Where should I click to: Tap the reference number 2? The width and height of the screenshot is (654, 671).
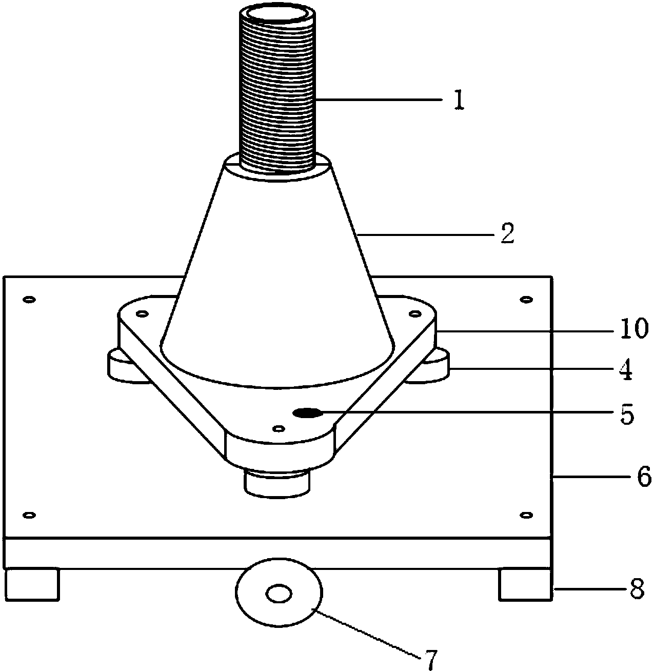pos(507,233)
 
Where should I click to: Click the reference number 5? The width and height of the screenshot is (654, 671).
pos(627,415)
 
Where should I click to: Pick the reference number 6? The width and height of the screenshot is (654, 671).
pos(644,477)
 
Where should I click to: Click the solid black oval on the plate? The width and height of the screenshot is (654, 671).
pos(307,413)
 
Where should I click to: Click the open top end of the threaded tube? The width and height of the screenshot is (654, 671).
pos(278,15)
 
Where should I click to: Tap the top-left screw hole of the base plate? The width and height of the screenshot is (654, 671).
pos(29,300)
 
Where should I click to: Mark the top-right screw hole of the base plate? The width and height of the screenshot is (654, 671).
pos(526,300)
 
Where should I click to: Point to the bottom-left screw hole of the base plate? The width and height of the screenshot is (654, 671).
pos(29,515)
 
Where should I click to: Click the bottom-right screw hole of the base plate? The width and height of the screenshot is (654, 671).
pos(526,515)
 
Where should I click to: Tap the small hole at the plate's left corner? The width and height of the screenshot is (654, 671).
pos(142,314)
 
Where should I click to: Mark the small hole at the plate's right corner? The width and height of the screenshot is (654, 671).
pos(415,314)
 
